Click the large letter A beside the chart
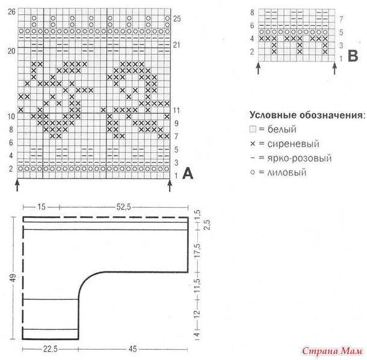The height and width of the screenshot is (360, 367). pyautogui.click(x=188, y=173)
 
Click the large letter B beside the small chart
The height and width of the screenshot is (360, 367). pyautogui.click(x=353, y=56)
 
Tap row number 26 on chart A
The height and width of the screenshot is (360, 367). pyautogui.click(x=11, y=11)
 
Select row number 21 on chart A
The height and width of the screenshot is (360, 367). pyautogui.click(x=176, y=45)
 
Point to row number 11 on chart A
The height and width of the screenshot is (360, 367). pyautogui.click(x=176, y=110)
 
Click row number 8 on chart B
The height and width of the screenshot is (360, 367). pyautogui.click(x=252, y=12)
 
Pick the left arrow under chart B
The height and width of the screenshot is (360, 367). pyautogui.click(x=258, y=69)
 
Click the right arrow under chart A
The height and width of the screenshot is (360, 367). pyautogui.click(x=170, y=185)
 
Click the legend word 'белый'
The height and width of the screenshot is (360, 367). pyautogui.click(x=282, y=129)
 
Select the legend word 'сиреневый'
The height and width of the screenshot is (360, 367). pyautogui.click(x=293, y=144)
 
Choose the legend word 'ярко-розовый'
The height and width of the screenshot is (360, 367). pyautogui.click(x=300, y=158)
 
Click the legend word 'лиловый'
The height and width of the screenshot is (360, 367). pyautogui.click(x=287, y=173)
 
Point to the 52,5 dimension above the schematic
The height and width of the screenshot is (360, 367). pyautogui.click(x=124, y=207)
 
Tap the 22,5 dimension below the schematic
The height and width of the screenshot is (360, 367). pyautogui.click(x=51, y=349)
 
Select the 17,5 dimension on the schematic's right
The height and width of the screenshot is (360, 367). pyautogui.click(x=197, y=250)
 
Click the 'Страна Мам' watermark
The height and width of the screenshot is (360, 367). pyautogui.click(x=332, y=351)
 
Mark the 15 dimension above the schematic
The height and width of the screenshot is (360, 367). pyautogui.click(x=41, y=207)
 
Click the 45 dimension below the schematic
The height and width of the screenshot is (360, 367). pyautogui.click(x=132, y=349)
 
